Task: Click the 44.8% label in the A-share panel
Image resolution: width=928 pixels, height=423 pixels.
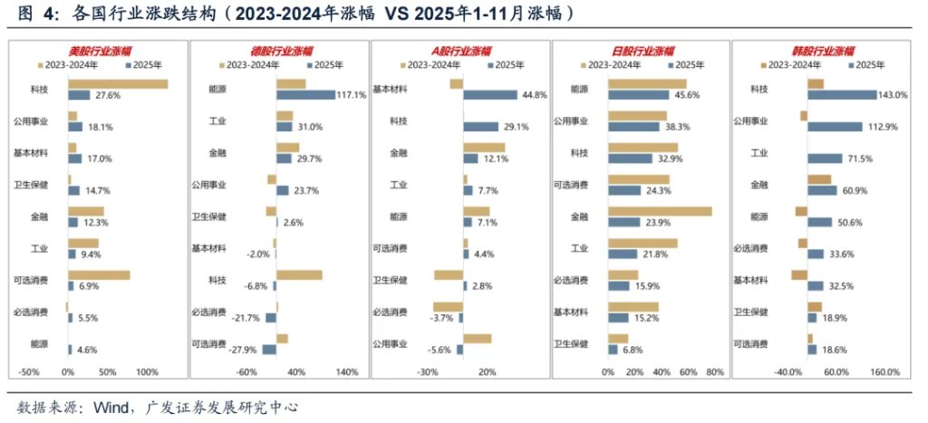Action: click(x=531, y=95)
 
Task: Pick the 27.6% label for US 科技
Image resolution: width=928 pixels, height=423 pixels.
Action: click(x=108, y=95)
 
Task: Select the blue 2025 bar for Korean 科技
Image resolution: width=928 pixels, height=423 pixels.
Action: click(x=842, y=95)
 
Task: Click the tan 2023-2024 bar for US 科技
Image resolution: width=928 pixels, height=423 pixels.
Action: click(x=118, y=84)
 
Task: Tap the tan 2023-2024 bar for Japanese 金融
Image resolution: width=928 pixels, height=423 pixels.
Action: click(x=660, y=212)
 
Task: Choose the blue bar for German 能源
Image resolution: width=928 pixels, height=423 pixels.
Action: click(x=305, y=95)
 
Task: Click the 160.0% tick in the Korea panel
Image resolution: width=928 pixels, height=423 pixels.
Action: click(x=884, y=372)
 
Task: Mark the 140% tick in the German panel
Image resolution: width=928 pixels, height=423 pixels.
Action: click(x=347, y=372)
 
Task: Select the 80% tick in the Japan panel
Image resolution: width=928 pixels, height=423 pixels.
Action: click(x=714, y=372)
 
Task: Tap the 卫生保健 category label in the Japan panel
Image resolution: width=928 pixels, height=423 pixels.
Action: click(x=571, y=343)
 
